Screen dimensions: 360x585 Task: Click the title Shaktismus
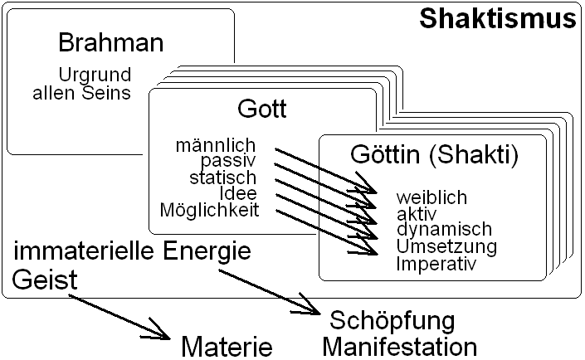(497, 18)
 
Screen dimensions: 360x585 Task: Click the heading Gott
(261, 109)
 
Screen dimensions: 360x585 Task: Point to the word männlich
(215, 146)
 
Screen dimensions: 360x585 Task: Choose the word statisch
(222, 178)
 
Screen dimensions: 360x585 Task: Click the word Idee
(238, 193)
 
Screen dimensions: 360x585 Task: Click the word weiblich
(431, 197)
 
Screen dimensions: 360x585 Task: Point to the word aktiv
(416, 214)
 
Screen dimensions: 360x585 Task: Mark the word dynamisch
(444, 230)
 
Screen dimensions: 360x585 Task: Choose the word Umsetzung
(446, 246)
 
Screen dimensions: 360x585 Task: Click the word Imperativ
(436, 264)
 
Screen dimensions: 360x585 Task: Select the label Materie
(227, 345)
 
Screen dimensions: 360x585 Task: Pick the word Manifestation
(400, 345)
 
